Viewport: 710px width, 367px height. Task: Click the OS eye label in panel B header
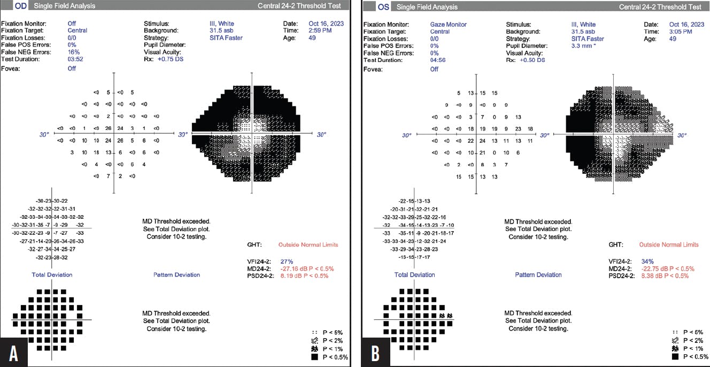(383, 7)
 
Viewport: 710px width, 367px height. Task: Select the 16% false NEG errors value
(73, 52)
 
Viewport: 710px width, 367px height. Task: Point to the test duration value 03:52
(75, 59)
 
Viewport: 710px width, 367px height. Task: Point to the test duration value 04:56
(438, 59)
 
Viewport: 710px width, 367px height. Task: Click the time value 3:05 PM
(681, 32)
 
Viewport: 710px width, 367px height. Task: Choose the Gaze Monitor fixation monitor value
(448, 25)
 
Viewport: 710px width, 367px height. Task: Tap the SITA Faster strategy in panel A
(225, 38)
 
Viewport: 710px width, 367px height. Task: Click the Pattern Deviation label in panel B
(538, 274)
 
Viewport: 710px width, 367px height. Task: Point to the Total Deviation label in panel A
(52, 274)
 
